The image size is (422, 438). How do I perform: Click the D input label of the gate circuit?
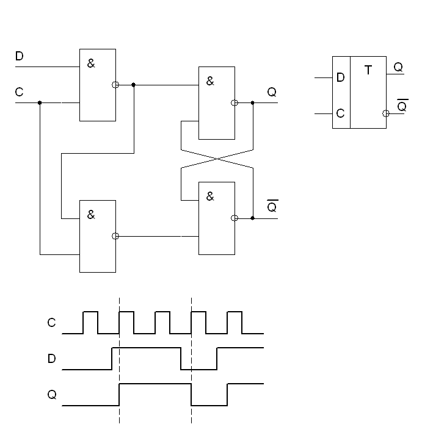(x=19, y=56)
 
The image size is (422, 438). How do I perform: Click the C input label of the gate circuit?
(x=19, y=92)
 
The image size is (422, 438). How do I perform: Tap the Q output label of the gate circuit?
(x=272, y=92)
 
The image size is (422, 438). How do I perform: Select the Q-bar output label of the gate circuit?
(x=272, y=207)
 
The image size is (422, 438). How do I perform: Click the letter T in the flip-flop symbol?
(x=368, y=71)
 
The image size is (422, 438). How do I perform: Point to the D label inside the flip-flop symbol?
(x=341, y=78)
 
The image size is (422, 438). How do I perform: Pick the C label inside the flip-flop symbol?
(x=341, y=113)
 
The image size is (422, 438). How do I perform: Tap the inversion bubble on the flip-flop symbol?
(x=385, y=113)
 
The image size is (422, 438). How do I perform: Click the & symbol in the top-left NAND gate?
(x=91, y=63)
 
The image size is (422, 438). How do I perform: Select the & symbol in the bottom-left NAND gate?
(x=91, y=214)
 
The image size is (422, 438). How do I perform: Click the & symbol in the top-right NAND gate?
(x=210, y=81)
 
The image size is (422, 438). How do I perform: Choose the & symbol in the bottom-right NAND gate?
(x=210, y=196)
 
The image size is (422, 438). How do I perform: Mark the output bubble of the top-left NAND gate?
(x=115, y=85)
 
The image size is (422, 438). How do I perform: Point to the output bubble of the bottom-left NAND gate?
(x=115, y=236)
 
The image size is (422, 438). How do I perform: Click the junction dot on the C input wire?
(x=40, y=102)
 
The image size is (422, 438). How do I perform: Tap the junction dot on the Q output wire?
(x=252, y=102)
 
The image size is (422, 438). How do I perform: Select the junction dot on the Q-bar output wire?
(x=252, y=218)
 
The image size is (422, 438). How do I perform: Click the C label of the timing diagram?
(x=52, y=323)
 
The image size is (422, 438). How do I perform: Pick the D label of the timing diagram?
(x=52, y=359)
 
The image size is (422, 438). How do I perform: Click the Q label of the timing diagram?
(x=52, y=395)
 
